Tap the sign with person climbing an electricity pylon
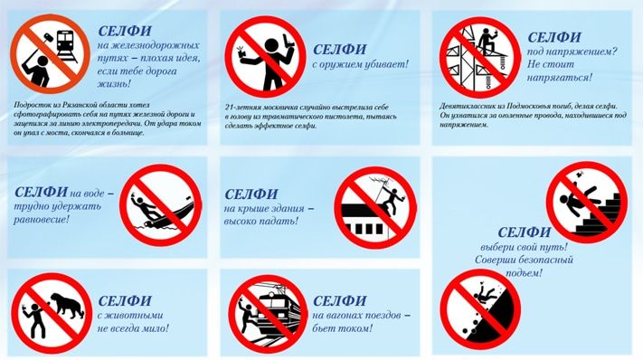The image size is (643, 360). pyautogui.click(x=478, y=56)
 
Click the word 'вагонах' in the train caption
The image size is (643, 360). pyautogui.click(x=351, y=315)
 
